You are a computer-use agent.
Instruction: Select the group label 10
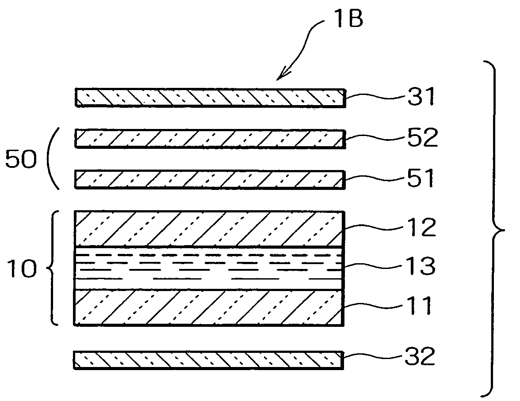(22, 269)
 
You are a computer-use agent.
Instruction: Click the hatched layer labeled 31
(210, 97)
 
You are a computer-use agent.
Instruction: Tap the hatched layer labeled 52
(210, 138)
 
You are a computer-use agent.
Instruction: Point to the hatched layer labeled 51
(210, 179)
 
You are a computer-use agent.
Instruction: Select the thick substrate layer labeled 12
(210, 229)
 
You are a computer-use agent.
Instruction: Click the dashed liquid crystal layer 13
(210, 268)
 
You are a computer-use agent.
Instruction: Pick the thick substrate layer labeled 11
(210, 307)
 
